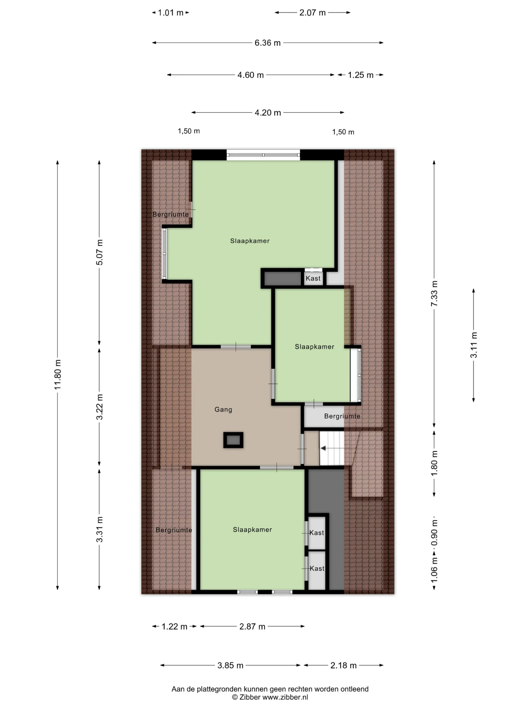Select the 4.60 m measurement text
(250, 75)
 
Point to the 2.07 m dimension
(313, 12)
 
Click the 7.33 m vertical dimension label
(434, 294)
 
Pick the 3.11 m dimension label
(474, 345)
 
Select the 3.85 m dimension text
(230, 666)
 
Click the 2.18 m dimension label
(343, 666)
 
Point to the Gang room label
(223, 409)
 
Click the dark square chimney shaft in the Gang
(233, 440)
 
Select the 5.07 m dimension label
(100, 252)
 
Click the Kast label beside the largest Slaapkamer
(313, 278)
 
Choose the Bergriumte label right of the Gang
(342, 416)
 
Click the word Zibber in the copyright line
(250, 697)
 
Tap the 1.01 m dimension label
(171, 12)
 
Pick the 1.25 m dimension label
(360, 75)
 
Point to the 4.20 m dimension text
(268, 112)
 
